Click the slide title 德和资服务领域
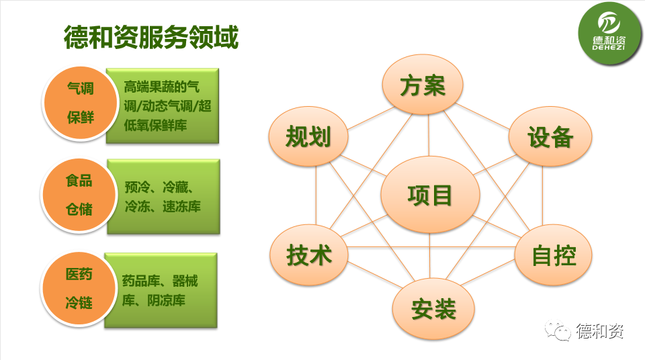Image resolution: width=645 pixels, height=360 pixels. point(151,37)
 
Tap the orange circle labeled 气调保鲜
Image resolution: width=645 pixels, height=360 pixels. point(81,103)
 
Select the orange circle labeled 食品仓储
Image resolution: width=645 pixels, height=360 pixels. point(79,195)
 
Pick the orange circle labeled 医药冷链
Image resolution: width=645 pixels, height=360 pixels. point(79,289)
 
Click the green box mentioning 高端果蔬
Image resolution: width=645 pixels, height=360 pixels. point(163,105)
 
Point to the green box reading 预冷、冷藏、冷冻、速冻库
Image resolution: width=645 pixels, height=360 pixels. point(164,197)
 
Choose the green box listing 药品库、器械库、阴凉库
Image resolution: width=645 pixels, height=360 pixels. point(161,290)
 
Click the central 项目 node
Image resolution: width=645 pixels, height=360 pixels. point(430,194)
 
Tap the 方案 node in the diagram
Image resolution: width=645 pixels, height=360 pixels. point(423,85)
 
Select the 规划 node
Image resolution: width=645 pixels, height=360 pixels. point(308,136)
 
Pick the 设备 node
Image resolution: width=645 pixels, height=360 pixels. point(550,136)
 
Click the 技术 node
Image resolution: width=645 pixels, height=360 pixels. point(309,255)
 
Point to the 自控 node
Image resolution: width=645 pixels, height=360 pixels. point(553,255)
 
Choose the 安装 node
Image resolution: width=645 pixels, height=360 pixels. point(433,308)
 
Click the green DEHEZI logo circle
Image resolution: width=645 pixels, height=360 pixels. point(609,34)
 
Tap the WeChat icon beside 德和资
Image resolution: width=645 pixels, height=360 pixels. point(558,330)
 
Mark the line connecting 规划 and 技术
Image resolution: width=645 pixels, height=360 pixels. point(316,195)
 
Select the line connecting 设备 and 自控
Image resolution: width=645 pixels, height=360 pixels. point(542,195)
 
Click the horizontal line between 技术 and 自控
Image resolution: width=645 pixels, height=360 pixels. point(431,247)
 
